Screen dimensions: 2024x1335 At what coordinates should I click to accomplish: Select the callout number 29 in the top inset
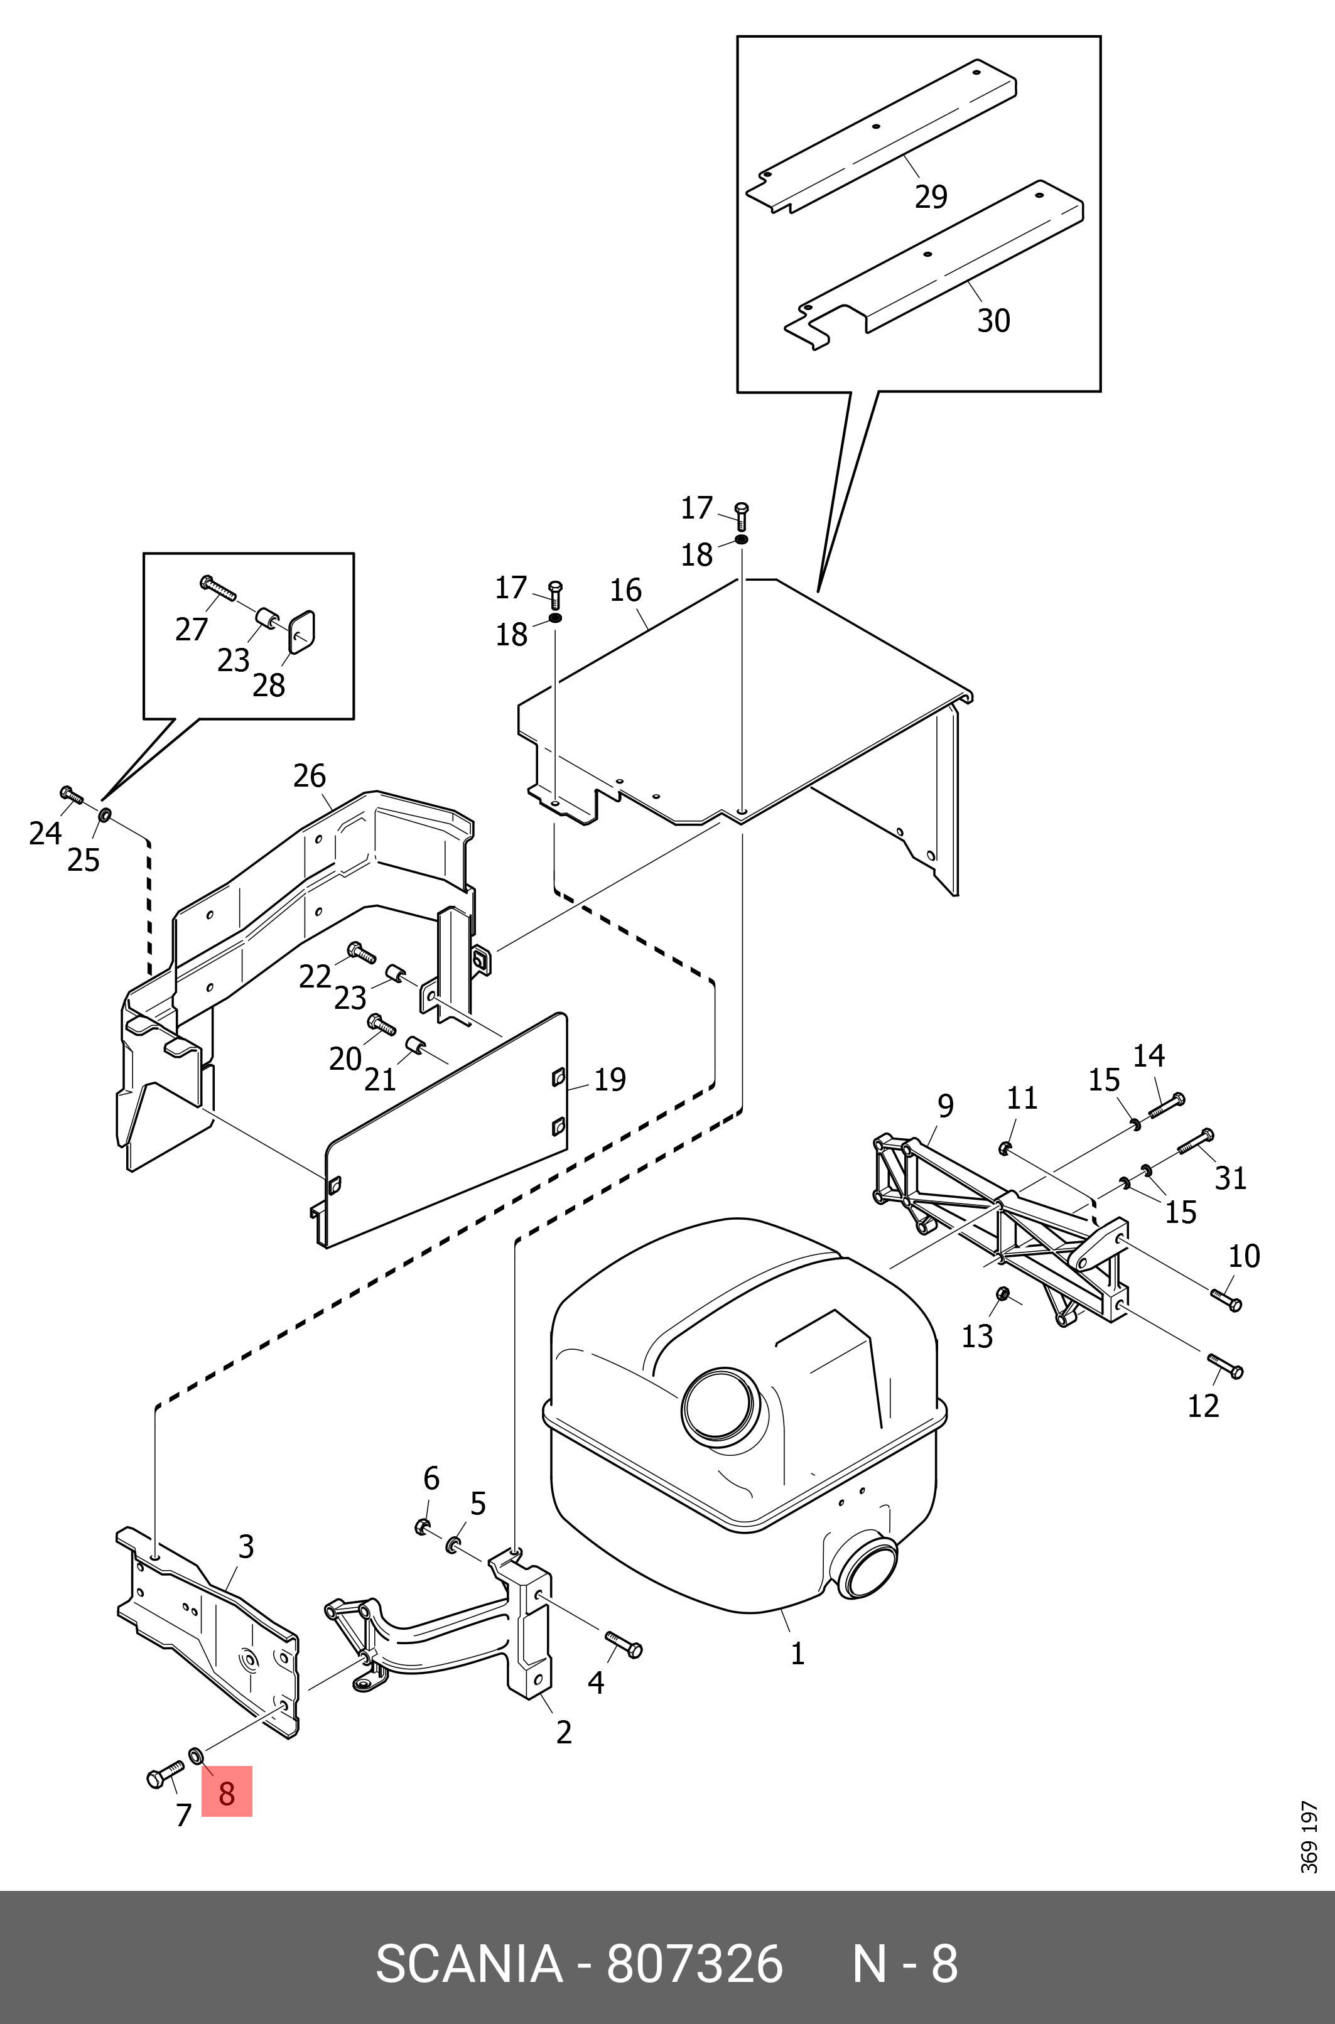(x=931, y=196)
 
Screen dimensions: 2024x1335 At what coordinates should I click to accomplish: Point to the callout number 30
(x=993, y=321)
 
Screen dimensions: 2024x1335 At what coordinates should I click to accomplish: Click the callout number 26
(x=309, y=775)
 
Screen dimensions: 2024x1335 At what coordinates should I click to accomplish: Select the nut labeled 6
(x=423, y=1527)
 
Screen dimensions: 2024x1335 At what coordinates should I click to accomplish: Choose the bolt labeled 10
(x=1226, y=1299)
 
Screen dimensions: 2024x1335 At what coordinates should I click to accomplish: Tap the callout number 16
(x=626, y=590)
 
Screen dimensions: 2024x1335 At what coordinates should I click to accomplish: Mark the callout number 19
(x=610, y=1079)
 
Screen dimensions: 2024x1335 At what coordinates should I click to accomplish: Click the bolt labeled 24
(x=72, y=796)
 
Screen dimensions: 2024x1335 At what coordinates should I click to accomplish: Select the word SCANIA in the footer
(x=468, y=1964)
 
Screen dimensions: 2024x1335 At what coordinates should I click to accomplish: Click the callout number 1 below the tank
(x=797, y=1653)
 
